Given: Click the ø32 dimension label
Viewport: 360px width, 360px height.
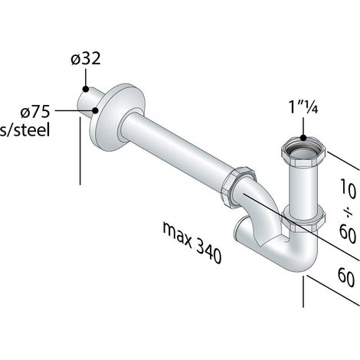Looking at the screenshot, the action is coord(86,59).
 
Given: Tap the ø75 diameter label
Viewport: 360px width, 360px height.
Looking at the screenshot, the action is coord(35,112).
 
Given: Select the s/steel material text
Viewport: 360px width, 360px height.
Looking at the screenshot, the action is coord(25,130).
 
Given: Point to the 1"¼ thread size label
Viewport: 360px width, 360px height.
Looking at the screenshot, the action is coord(303,107).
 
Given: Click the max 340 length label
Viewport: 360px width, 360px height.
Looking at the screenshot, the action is coord(192,242).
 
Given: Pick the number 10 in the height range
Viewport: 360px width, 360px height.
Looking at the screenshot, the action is coord(348,189).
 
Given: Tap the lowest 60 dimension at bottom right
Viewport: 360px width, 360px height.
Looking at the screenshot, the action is coord(347,277).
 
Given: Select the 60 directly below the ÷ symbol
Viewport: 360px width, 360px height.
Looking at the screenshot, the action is coord(348,234).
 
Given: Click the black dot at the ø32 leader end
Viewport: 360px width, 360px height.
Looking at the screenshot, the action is coord(86,89).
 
